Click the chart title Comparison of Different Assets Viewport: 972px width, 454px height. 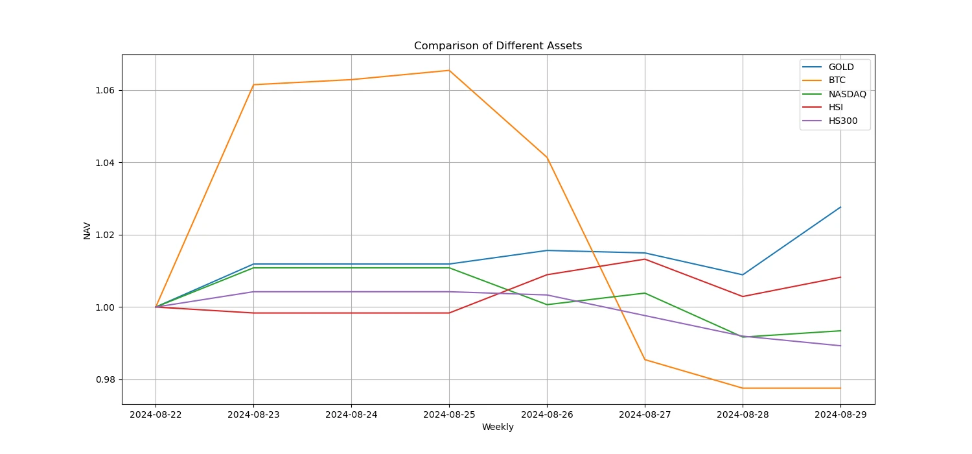tap(498, 46)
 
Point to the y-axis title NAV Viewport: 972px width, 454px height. tap(87, 230)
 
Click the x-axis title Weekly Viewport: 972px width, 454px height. tap(498, 427)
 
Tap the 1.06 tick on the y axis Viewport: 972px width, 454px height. tap(105, 90)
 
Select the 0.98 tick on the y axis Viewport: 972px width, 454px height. tap(105, 379)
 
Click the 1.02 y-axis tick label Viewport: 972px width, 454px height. tap(105, 235)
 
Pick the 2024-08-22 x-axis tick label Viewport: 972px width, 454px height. tap(156, 414)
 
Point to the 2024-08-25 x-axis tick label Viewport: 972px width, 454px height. tap(449, 414)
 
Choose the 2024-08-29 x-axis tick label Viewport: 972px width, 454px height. tap(840, 414)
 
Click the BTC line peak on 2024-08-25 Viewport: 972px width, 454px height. tap(449, 70)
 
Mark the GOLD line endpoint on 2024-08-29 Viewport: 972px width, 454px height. tap(840, 207)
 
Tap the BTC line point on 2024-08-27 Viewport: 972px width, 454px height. tap(645, 359)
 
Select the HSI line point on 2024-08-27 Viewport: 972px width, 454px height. tap(645, 259)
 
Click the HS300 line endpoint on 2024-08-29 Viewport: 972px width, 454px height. tap(840, 346)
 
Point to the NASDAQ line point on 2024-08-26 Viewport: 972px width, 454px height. tap(547, 305)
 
